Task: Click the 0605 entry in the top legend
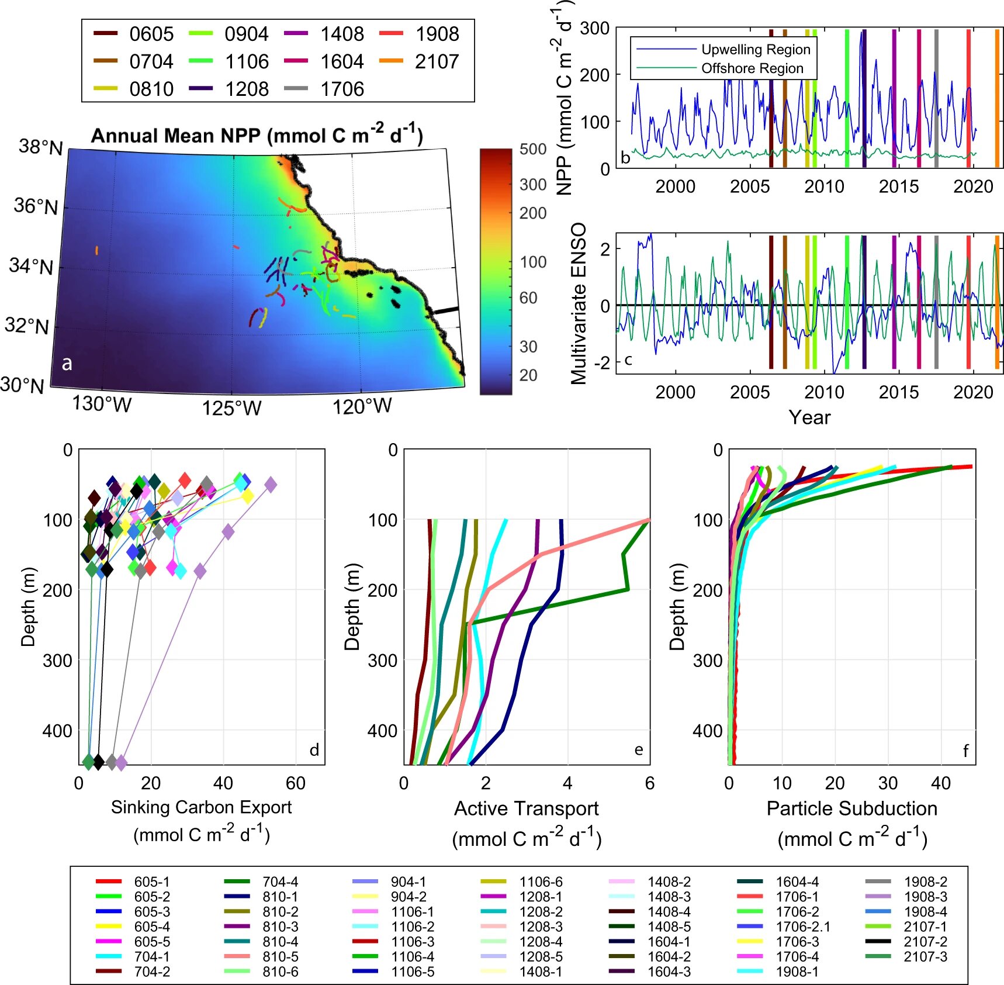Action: click(x=151, y=34)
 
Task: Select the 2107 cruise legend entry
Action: click(x=437, y=61)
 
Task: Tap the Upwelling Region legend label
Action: click(x=756, y=50)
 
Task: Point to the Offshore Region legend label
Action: click(x=752, y=68)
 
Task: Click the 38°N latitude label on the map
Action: click(x=40, y=147)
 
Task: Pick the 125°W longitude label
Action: click(x=231, y=408)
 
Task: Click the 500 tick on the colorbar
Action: click(x=533, y=149)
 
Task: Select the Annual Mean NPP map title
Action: click(x=257, y=136)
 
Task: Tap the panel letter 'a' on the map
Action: click(x=67, y=363)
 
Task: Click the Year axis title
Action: click(x=809, y=417)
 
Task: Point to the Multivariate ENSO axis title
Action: click(x=579, y=303)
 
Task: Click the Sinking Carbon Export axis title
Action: click(x=201, y=807)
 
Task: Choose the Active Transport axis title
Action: click(x=526, y=808)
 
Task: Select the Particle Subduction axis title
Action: click(x=851, y=808)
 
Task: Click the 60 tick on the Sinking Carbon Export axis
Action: click(x=296, y=783)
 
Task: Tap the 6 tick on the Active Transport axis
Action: click(x=649, y=783)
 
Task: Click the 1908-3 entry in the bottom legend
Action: click(x=925, y=897)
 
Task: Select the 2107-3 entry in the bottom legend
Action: click(x=925, y=957)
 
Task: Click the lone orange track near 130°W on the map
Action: click(x=96, y=251)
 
